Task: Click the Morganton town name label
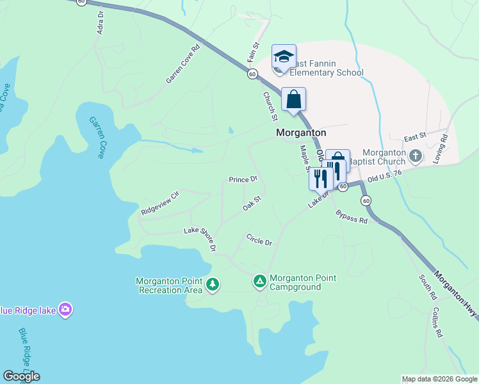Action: coord(300,132)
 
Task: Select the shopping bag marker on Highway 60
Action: coord(293,100)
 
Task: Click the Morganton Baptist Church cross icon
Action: coord(415,156)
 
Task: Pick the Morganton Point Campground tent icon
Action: coord(259,281)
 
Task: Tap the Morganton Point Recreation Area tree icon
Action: coord(213,284)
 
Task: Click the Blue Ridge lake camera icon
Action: coord(65,310)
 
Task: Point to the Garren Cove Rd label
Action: coord(183,63)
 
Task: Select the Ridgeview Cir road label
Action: coord(160,202)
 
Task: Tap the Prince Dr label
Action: coord(243,180)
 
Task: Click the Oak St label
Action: coord(252,204)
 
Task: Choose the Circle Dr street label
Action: coord(259,239)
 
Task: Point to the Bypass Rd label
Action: coord(352,216)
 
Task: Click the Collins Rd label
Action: coord(437,322)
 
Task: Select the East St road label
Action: coord(415,138)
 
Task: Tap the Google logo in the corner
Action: coord(21,376)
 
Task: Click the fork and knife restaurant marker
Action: coord(320,177)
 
